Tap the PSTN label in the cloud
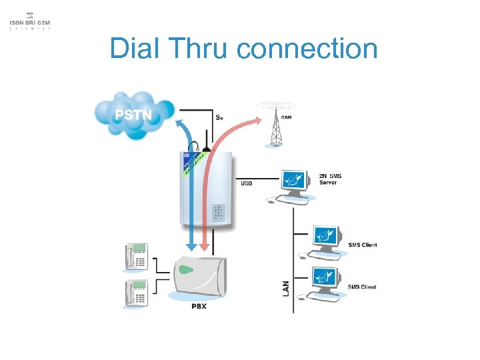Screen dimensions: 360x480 [133, 115]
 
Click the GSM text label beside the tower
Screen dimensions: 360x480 [286, 117]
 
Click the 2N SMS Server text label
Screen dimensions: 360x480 [330, 179]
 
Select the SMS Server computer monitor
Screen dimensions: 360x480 [293, 179]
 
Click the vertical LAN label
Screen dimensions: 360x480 [286, 287]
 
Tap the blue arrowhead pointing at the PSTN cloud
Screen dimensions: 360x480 [180, 123]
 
